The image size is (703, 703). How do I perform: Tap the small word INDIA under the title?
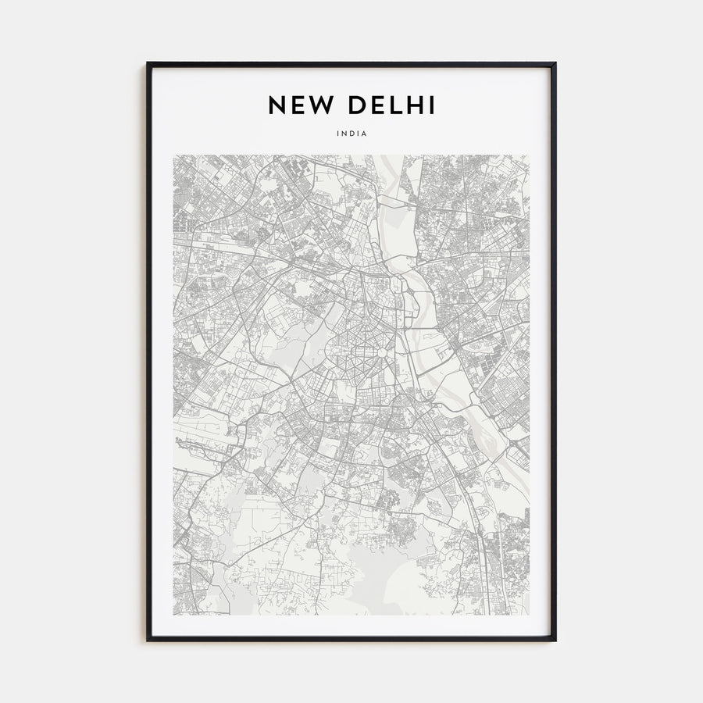coord(351,134)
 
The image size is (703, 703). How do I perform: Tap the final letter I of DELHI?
coord(433,105)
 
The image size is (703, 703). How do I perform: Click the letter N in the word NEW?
coord(277,105)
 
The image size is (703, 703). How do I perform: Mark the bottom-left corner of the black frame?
coord(147,640)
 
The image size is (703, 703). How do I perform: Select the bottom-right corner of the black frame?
coord(555,640)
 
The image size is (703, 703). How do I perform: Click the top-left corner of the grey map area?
coord(173,155)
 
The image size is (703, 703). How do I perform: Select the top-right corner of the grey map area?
coord(530,155)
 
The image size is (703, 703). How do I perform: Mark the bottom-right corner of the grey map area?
coord(530,615)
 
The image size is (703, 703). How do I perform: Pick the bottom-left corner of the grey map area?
coord(173,615)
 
